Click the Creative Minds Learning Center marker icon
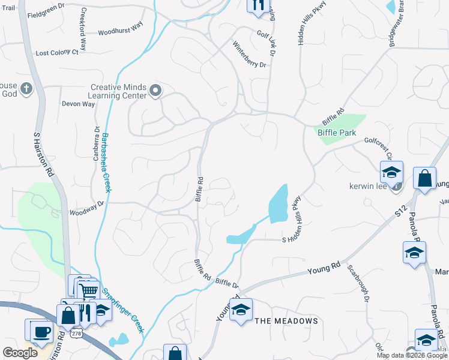pyautogui.click(x=155, y=91)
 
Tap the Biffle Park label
pyautogui.click(x=337, y=133)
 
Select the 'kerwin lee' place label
pyautogui.click(x=368, y=186)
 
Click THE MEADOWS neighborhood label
pyautogui.click(x=286, y=321)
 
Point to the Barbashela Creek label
pyautogui.click(x=106, y=162)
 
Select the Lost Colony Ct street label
pyautogui.click(x=57, y=53)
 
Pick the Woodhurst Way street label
pyautogui.click(x=120, y=31)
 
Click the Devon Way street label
pyautogui.click(x=79, y=104)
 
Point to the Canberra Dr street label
pyautogui.click(x=96, y=144)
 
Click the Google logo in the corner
pyautogui.click(x=20, y=353)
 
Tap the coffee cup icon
pyautogui.click(x=41, y=331)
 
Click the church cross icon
pyautogui.click(x=25, y=89)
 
